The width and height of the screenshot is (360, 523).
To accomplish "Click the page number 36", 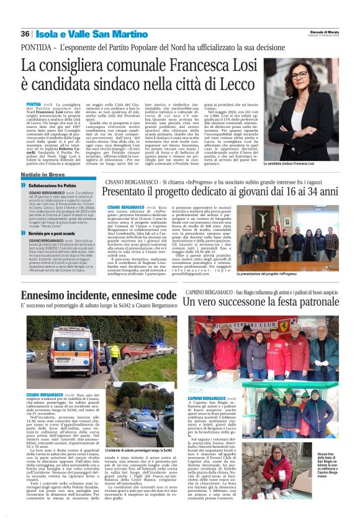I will pyautogui.click(x=25, y=34).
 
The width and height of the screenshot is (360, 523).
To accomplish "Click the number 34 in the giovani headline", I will pyautogui.click(x=326, y=193).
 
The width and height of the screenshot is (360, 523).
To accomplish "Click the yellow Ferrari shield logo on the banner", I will pyautogui.click(x=284, y=324).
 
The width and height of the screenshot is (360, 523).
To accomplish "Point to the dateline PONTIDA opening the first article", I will pyautogui.click(x=35, y=104).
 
